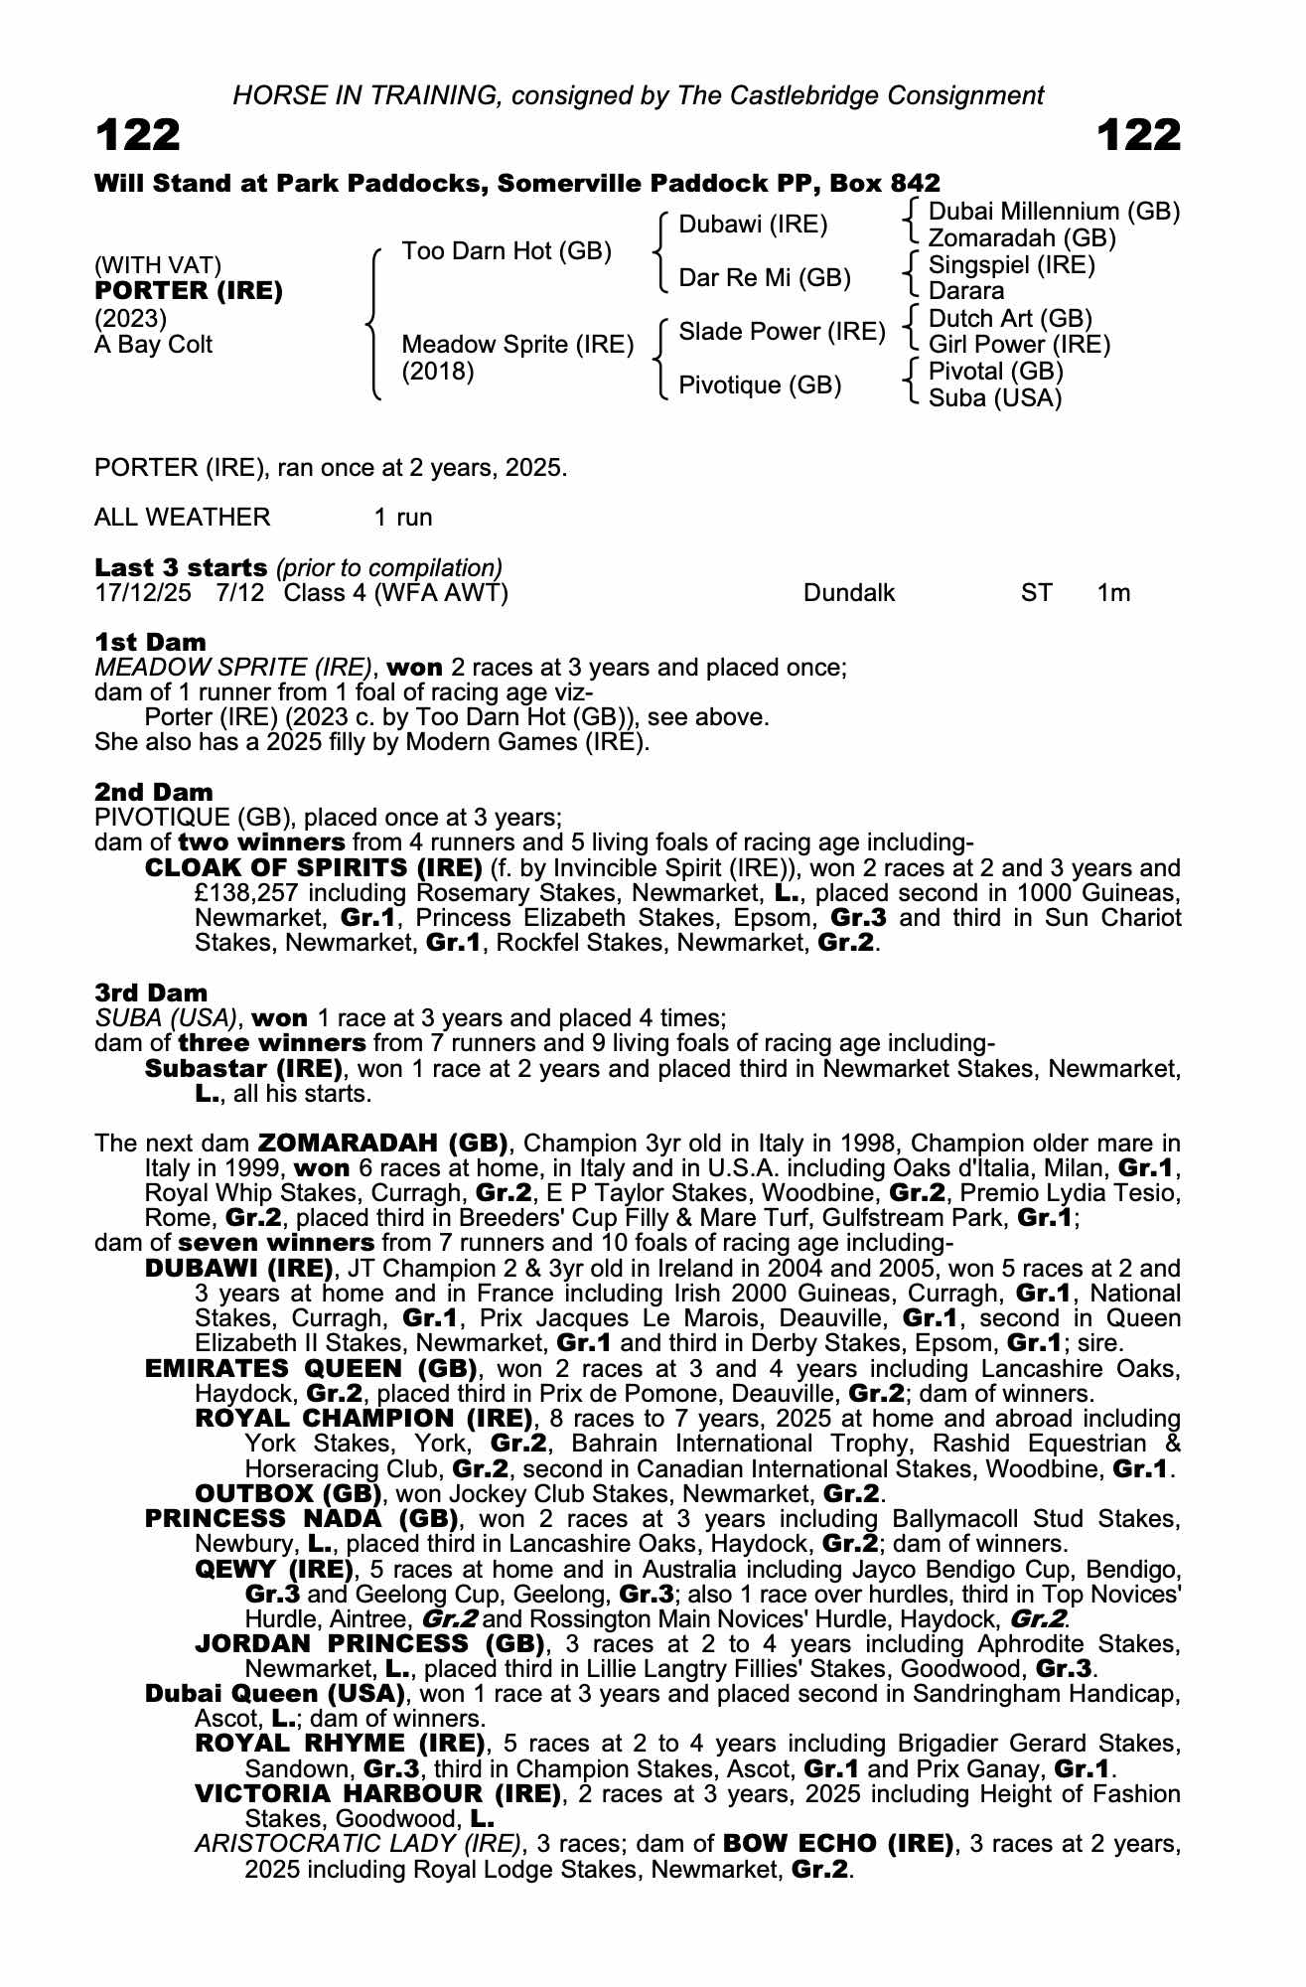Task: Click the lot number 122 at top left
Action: (x=138, y=135)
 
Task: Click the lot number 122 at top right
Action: (x=1139, y=135)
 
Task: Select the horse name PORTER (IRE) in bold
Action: (x=189, y=291)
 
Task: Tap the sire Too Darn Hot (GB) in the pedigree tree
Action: (x=506, y=251)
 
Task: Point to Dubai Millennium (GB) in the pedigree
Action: (x=1053, y=212)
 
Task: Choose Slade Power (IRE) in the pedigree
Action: (x=782, y=332)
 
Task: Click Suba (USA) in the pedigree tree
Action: (x=994, y=398)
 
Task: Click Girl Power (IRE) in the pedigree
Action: (x=1019, y=345)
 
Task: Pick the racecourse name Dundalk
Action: (x=848, y=593)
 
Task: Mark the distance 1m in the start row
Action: (x=1113, y=593)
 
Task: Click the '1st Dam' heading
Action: (x=151, y=642)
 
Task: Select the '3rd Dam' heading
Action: (x=152, y=993)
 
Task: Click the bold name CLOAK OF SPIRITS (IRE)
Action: (x=313, y=867)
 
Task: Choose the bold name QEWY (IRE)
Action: (x=274, y=1570)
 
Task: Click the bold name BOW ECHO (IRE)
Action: (x=838, y=1844)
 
